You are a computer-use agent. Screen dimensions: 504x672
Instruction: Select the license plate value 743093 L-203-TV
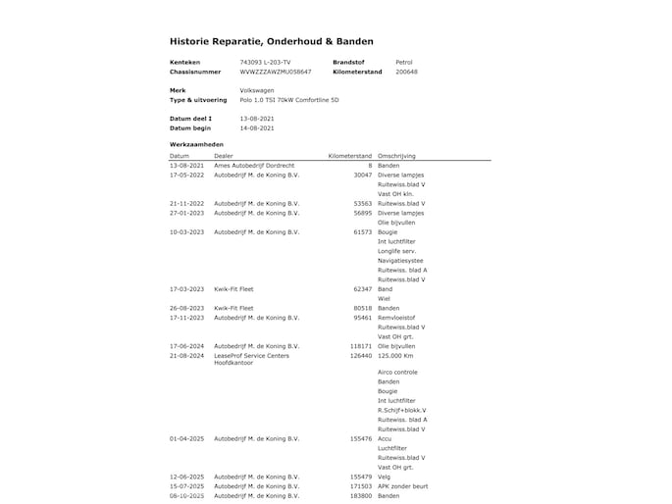point(265,62)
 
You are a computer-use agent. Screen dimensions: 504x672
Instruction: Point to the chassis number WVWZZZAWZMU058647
point(275,72)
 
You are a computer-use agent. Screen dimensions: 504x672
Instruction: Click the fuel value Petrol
point(403,62)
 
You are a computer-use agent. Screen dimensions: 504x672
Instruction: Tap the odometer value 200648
point(406,72)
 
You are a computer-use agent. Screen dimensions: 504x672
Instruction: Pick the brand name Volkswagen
point(257,90)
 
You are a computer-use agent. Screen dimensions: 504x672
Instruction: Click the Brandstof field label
point(348,62)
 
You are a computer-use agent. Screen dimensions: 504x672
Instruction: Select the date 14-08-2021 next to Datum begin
point(257,127)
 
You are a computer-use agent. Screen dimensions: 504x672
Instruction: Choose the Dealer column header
point(224,156)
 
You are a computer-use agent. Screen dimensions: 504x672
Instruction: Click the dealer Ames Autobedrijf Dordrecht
point(253,166)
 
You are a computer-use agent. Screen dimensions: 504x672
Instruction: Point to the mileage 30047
point(362,175)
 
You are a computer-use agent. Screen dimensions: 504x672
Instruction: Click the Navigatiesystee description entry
point(402,260)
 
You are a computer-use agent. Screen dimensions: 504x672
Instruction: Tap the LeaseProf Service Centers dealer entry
point(251,355)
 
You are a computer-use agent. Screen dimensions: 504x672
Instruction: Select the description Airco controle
point(397,373)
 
